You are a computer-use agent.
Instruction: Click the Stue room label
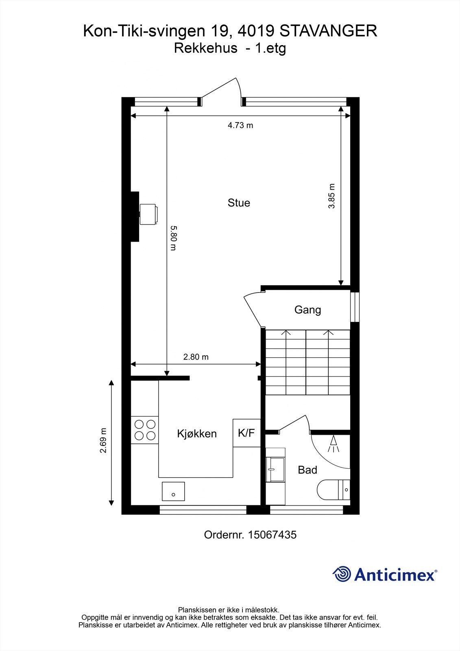click(x=239, y=203)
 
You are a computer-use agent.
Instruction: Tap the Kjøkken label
click(x=197, y=434)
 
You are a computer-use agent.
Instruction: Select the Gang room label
click(x=307, y=310)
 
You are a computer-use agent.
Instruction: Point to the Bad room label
click(x=307, y=470)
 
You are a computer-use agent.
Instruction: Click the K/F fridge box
click(x=246, y=433)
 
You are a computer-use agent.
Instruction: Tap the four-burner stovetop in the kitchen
click(x=145, y=430)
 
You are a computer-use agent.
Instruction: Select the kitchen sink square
click(x=173, y=491)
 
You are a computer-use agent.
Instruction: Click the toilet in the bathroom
click(x=334, y=490)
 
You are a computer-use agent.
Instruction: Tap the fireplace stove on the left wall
click(x=148, y=214)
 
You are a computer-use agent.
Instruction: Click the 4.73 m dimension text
click(x=240, y=125)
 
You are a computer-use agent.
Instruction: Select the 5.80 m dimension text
click(x=173, y=238)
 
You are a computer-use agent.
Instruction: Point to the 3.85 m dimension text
click(x=332, y=196)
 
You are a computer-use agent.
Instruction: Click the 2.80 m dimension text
click(x=196, y=357)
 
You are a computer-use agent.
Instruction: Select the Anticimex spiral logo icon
click(x=342, y=574)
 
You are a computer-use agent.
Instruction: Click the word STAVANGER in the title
click(x=329, y=31)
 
